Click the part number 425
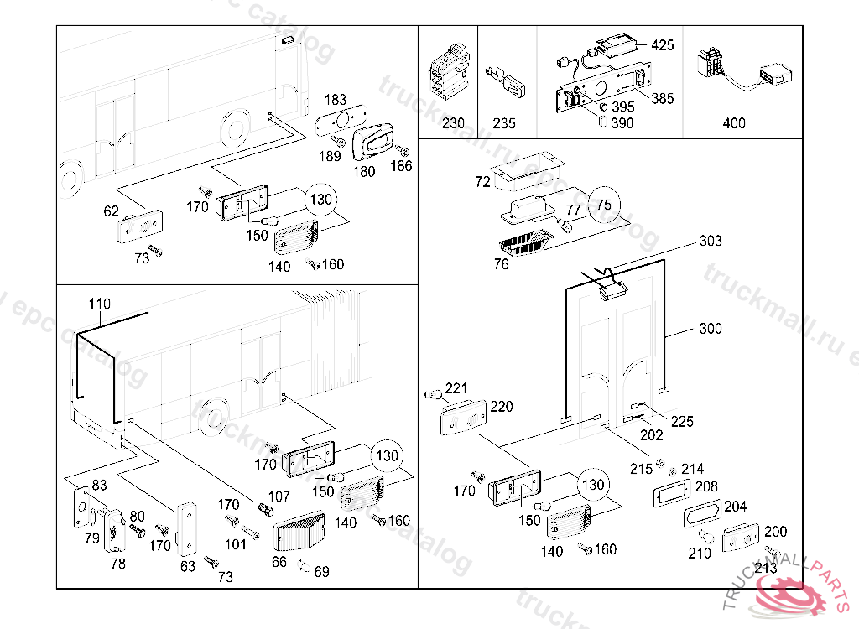point(662,45)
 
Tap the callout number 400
point(733,123)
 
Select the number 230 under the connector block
point(453,123)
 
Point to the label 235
point(503,123)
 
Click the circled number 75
point(603,205)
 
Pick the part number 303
point(711,242)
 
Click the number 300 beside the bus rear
point(711,329)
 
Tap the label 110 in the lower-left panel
point(99,303)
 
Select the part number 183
point(335,100)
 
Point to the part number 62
point(112,211)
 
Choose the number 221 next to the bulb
point(456,388)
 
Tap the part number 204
point(735,507)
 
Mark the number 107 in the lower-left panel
point(279,497)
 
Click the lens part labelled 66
point(299,529)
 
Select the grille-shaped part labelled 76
point(522,243)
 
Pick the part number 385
point(663,98)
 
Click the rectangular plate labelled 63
point(186,528)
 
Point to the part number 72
point(482,182)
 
